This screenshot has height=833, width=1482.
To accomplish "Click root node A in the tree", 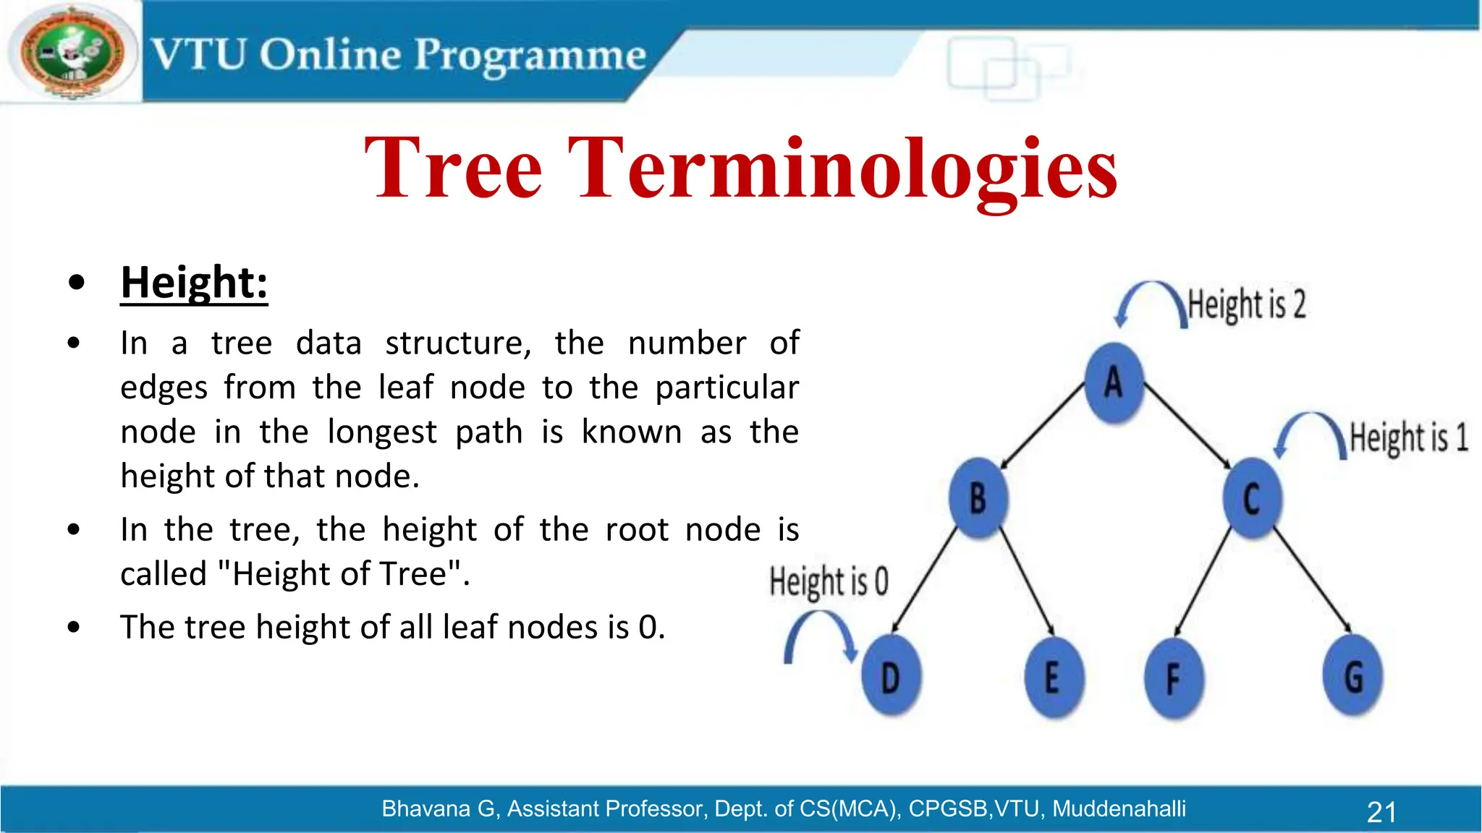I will (x=1114, y=383).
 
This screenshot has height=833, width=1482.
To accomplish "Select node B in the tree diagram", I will (x=978, y=498).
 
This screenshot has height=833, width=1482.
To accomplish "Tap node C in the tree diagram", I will (x=1252, y=498).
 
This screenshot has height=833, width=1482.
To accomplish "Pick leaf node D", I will (x=891, y=677).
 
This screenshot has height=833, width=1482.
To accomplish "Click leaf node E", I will (x=1054, y=677).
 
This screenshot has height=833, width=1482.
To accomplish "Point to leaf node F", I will (x=1173, y=678).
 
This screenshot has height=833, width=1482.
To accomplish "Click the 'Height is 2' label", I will (x=1247, y=304).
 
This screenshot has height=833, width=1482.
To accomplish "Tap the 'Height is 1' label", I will (x=1408, y=437).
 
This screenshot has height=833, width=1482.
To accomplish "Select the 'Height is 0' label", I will (x=829, y=581).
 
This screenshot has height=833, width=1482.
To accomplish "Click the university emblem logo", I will (x=72, y=52).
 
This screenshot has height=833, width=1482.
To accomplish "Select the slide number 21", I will (x=1381, y=812).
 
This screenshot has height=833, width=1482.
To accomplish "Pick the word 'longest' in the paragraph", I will (x=382, y=432).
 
